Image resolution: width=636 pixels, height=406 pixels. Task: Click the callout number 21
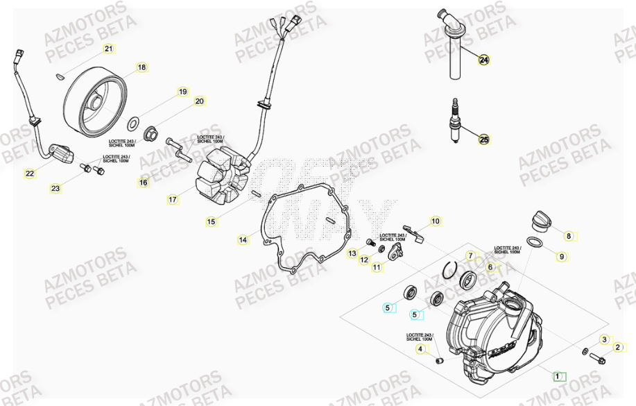108,49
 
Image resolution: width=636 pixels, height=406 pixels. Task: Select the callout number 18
141,67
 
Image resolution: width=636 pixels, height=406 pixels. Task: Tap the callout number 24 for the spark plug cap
483,60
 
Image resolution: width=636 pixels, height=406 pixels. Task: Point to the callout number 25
483,140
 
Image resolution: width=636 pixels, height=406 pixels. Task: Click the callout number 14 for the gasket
243,240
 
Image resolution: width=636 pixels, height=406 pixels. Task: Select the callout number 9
562,257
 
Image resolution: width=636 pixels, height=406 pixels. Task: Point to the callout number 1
556,376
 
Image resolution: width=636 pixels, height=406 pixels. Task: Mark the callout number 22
29,174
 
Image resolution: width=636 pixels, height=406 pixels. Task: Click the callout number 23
55,188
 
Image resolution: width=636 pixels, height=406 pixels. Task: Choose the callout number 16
143,183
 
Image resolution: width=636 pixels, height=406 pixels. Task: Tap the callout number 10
435,221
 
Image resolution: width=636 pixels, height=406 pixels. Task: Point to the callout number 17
172,200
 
